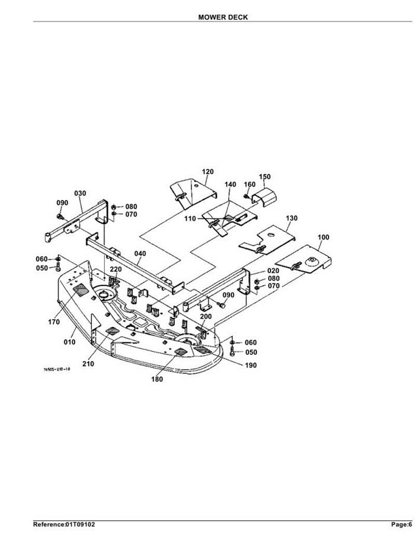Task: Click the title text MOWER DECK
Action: click(223, 17)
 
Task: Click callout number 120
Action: click(208, 172)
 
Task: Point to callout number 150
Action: click(265, 177)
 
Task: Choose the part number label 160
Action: click(250, 185)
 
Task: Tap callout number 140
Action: click(230, 185)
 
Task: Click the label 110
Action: click(190, 219)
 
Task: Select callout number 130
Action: click(292, 218)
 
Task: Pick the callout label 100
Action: click(323, 237)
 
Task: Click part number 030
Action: click(80, 193)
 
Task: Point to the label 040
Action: click(140, 254)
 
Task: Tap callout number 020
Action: click(273, 271)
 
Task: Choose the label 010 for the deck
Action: click(70, 342)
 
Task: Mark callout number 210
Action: click(88, 364)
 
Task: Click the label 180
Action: click(157, 379)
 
